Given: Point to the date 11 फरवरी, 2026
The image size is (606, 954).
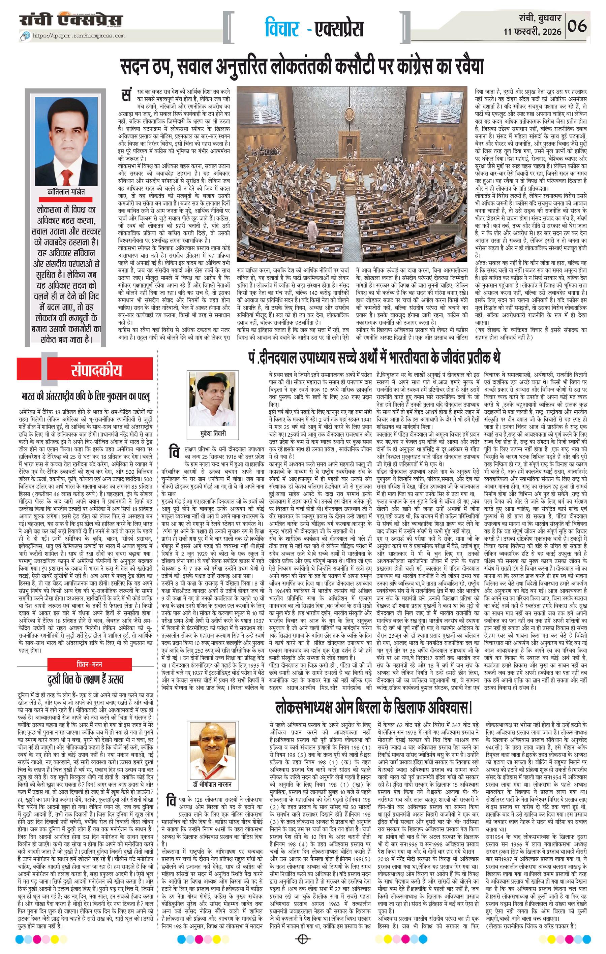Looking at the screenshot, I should tap(533, 31).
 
